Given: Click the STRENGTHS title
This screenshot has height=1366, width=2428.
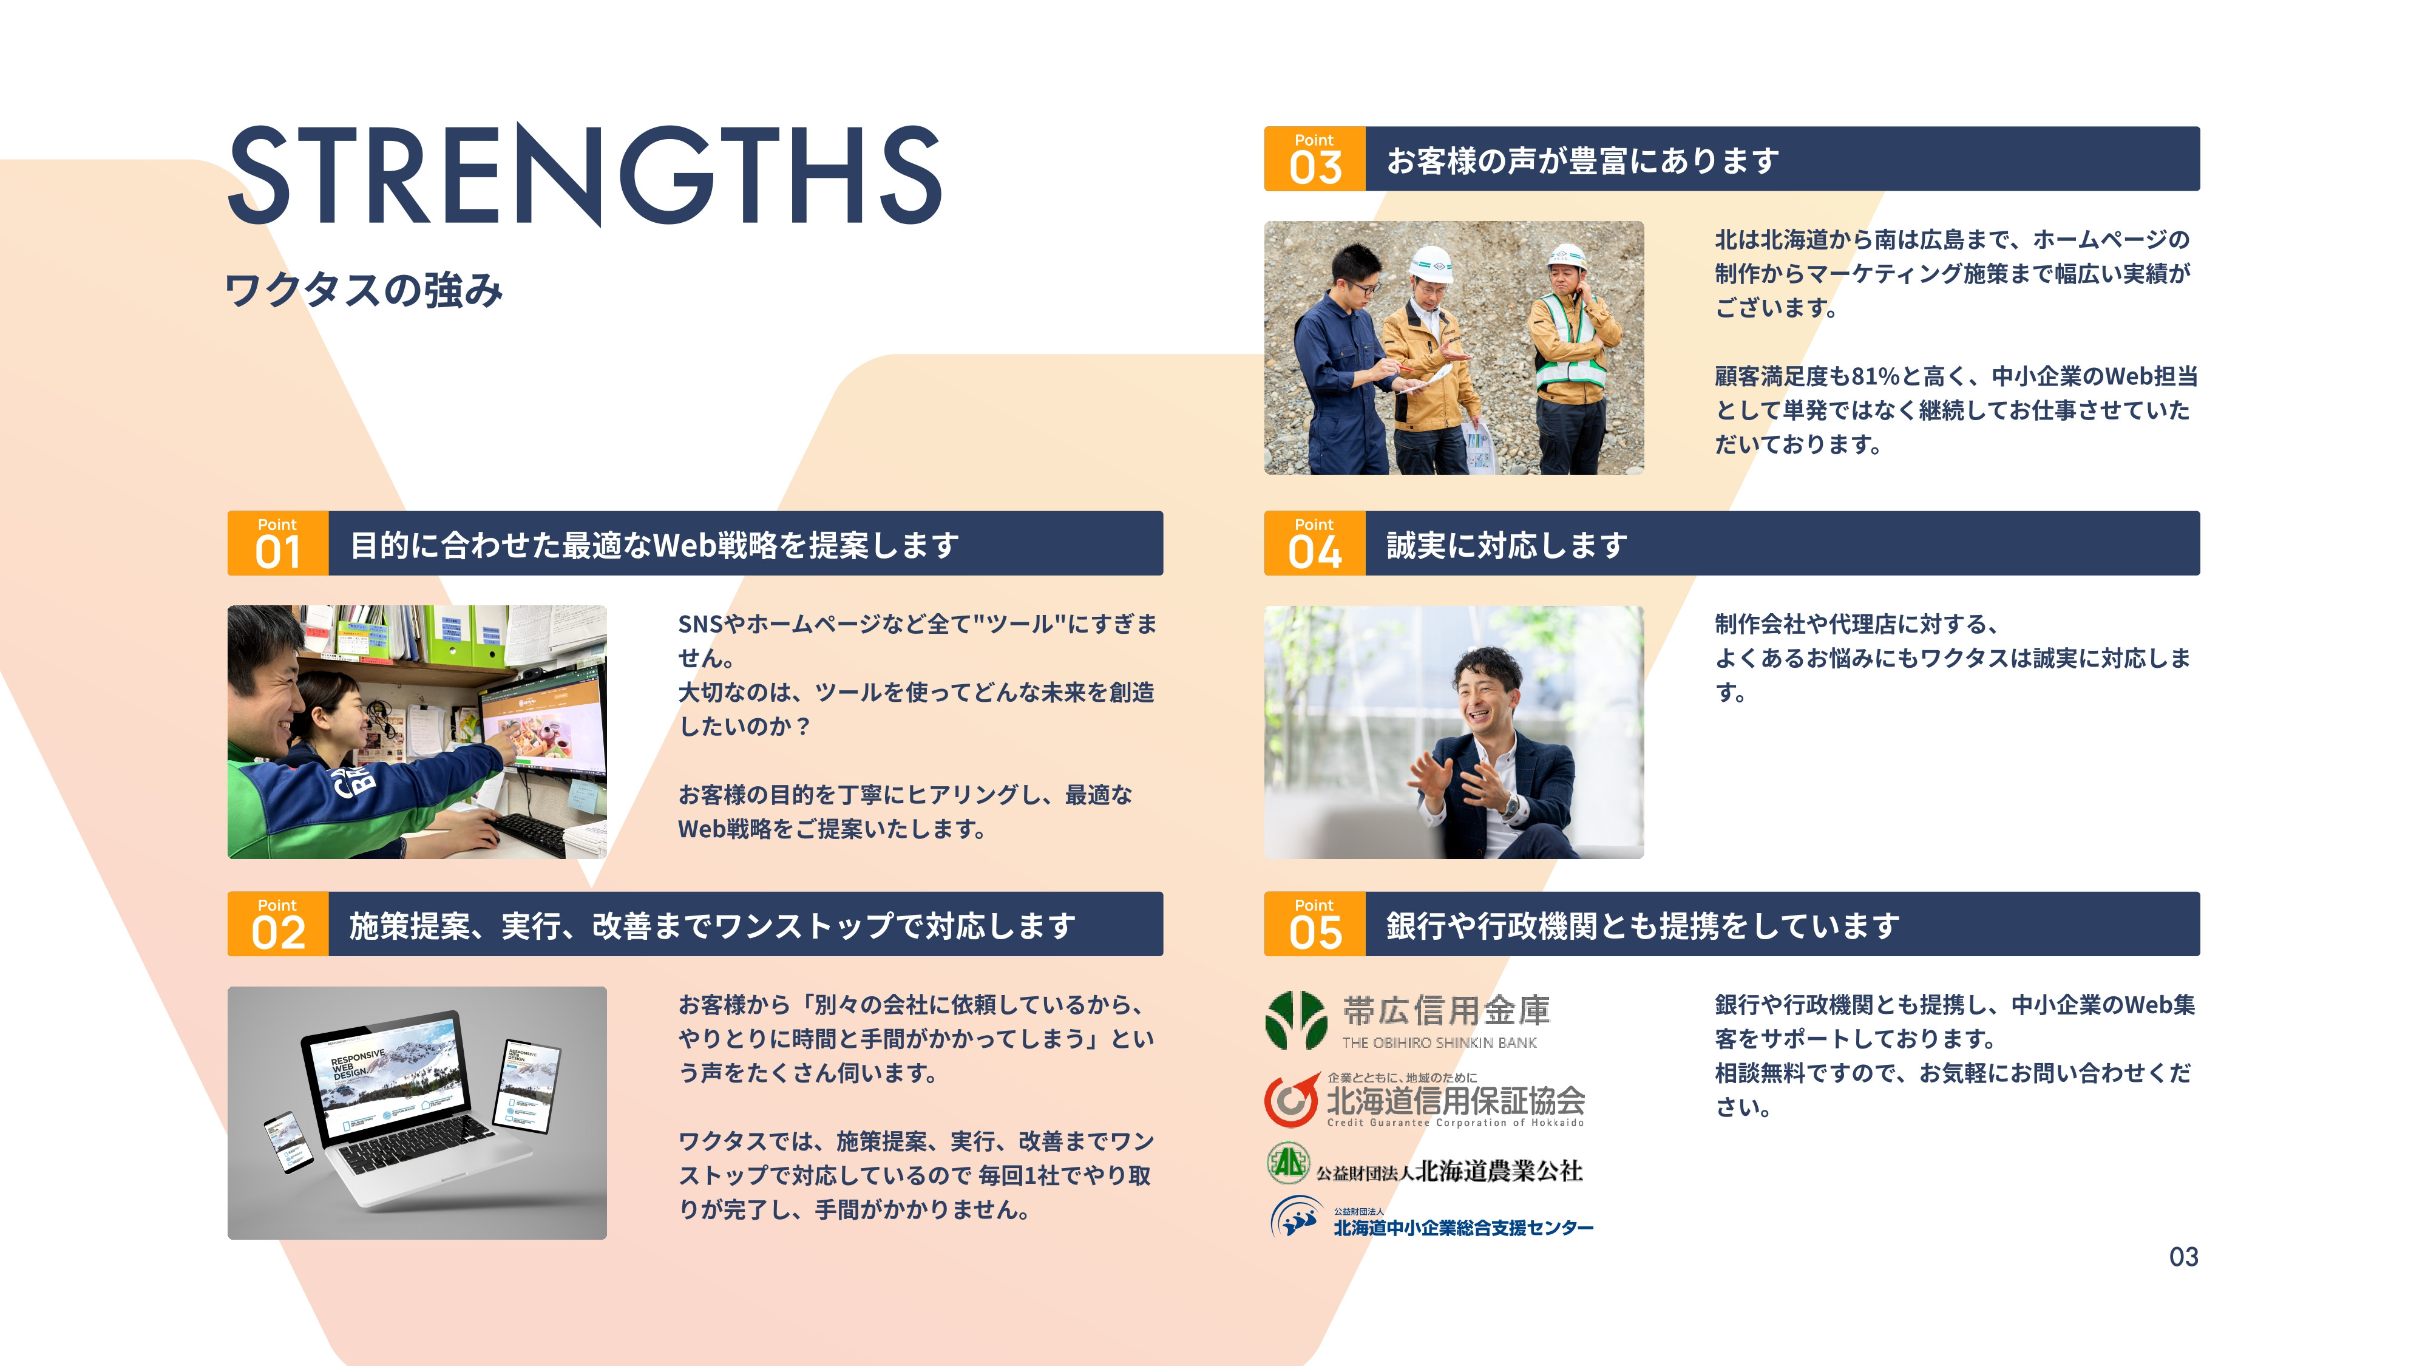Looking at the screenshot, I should point(585,175).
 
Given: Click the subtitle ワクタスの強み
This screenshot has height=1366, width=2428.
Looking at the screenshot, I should point(364,290).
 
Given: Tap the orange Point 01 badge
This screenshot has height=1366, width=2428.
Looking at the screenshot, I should point(277,544).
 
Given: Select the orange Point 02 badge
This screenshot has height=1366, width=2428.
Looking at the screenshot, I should point(277,924).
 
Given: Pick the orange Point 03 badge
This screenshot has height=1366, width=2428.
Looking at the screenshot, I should point(1314,159).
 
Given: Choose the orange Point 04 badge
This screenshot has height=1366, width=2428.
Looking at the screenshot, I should point(1314,544).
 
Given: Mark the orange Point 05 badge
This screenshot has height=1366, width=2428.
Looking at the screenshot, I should point(1314,924).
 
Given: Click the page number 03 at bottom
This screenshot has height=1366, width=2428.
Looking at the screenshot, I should point(2183,1257).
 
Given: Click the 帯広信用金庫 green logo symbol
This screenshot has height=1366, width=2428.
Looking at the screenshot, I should point(1296,1020).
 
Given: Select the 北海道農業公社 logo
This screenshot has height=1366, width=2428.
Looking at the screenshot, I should point(1425,1167).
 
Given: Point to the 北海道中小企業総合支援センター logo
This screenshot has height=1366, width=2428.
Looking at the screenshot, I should point(1433,1220).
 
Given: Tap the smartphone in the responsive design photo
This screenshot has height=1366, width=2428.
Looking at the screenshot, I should point(288,1143).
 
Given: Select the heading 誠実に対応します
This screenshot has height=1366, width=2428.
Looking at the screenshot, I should point(1506,545).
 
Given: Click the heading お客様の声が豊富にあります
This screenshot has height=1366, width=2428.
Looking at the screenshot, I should point(1582,160).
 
